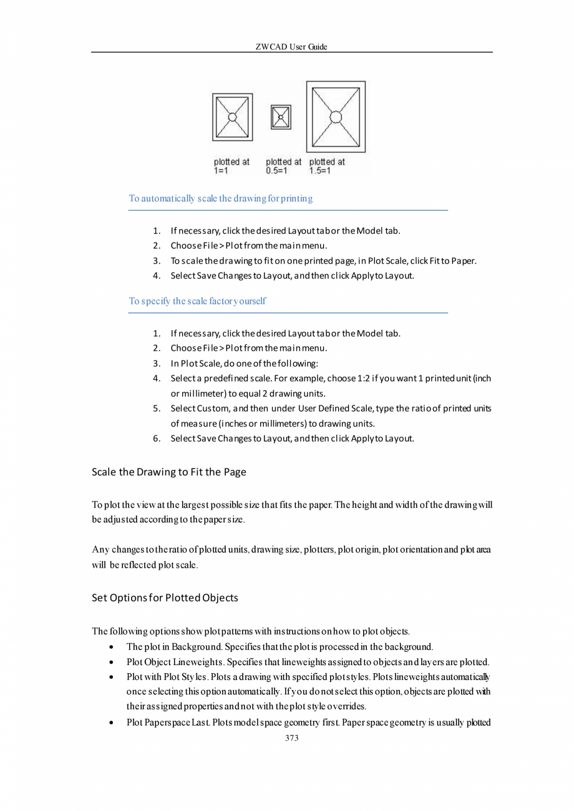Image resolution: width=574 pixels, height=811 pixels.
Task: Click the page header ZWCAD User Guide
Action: point(291,47)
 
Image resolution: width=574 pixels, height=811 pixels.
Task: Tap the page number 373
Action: point(291,738)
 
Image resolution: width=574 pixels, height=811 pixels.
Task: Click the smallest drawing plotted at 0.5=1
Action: point(281,117)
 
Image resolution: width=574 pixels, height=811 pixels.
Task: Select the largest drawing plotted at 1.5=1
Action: point(336,117)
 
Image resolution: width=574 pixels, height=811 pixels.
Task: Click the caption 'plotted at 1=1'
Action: point(231,166)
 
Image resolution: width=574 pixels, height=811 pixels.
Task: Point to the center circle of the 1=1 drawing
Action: point(232,117)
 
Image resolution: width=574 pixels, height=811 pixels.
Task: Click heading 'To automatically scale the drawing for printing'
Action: point(220,199)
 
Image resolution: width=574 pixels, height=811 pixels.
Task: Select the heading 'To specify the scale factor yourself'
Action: point(197,301)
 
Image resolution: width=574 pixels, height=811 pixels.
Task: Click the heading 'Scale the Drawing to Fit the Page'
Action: point(168,472)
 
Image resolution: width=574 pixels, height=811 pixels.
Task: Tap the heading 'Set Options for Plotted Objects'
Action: point(165,598)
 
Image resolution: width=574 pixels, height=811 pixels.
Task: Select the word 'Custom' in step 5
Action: point(213,409)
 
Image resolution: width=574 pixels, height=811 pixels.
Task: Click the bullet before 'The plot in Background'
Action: point(110,647)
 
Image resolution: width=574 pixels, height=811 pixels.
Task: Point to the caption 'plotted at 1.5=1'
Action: point(327,166)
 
